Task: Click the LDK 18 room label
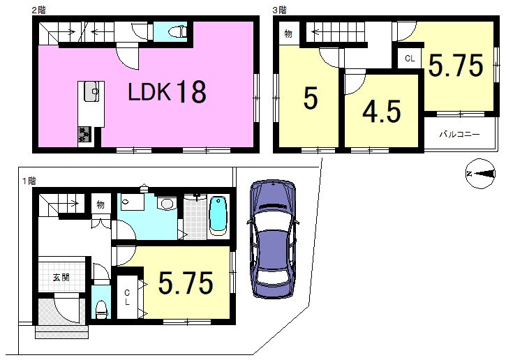pyautogui.click(x=167, y=91)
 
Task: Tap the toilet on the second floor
pyautogui.click(x=177, y=31)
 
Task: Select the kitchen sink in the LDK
pyautogui.click(x=91, y=91)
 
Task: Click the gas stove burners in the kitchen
pyautogui.click(x=84, y=134)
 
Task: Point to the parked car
pyautogui.click(x=273, y=239)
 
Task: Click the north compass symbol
pyautogui.click(x=480, y=174)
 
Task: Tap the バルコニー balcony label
pyautogui.click(x=459, y=134)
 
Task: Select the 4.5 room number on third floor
pyautogui.click(x=382, y=112)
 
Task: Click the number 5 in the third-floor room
pyautogui.click(x=311, y=98)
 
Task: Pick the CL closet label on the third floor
pyautogui.click(x=410, y=59)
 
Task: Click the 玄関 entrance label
pyautogui.click(x=61, y=277)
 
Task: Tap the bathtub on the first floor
pyautogui.click(x=218, y=215)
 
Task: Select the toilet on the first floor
pyautogui.click(x=101, y=310)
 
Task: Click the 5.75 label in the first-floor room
pyautogui.click(x=186, y=283)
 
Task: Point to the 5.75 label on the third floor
pyautogui.click(x=456, y=65)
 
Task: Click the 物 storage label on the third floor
pyautogui.click(x=288, y=33)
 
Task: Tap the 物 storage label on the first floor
pyautogui.click(x=101, y=204)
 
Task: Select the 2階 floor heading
pyautogui.click(x=38, y=10)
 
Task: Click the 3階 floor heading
pyautogui.click(x=279, y=10)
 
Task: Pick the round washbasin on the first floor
pyautogui.click(x=167, y=203)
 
